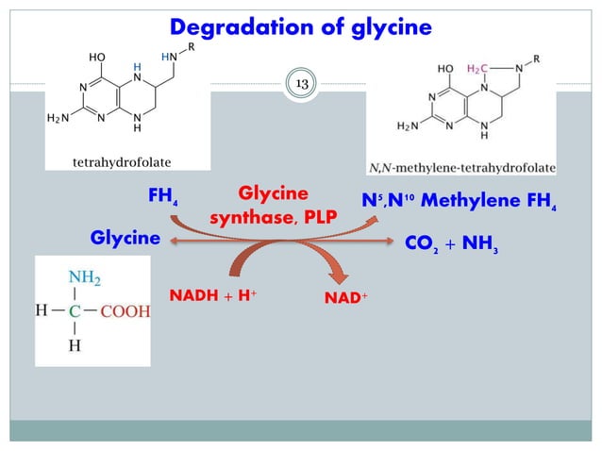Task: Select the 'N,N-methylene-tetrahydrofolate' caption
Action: [474, 167]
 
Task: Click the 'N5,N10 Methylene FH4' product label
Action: [460, 202]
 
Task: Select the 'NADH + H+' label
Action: [213, 295]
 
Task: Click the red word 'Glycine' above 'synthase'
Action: [273, 193]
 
